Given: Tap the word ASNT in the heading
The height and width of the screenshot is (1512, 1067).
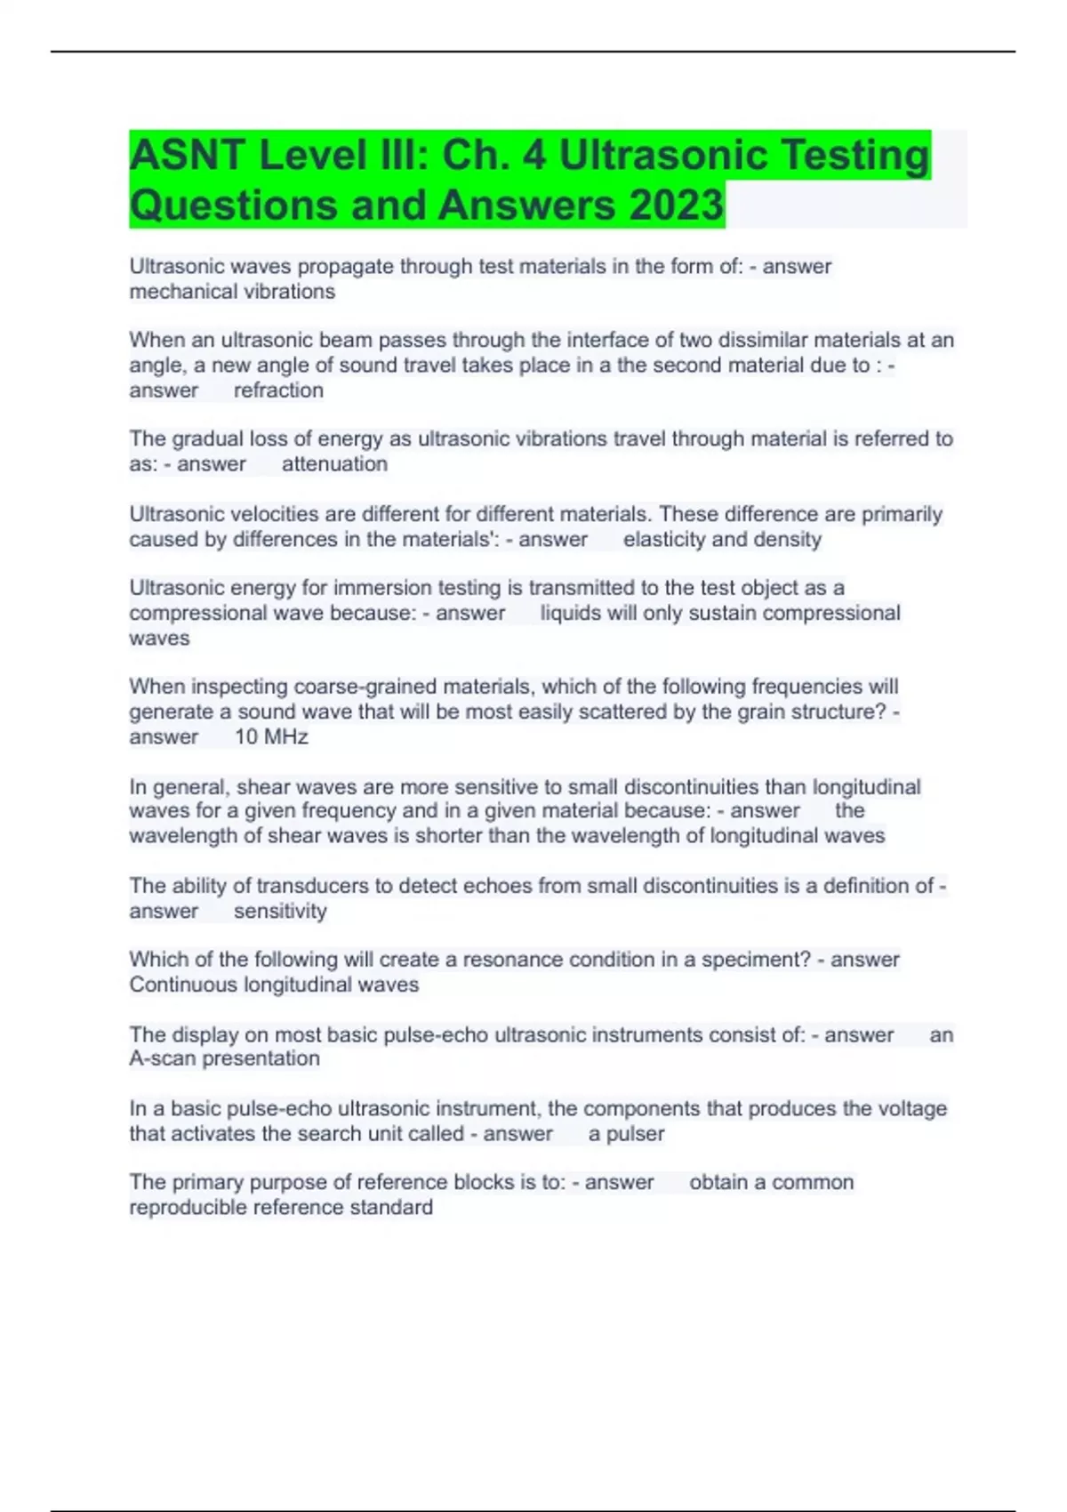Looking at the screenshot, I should (188, 156).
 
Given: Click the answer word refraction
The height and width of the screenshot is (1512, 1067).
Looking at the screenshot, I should (278, 390).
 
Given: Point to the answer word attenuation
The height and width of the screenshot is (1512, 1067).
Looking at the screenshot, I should (334, 464).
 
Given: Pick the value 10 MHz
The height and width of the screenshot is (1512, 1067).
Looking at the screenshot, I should (271, 737).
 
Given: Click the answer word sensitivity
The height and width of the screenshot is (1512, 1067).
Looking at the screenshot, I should (280, 912).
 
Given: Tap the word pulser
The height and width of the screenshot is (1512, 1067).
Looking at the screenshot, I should (635, 1134).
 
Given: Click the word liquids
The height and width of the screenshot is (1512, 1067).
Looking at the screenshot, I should (571, 614).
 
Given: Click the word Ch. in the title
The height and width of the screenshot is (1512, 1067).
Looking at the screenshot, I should (477, 156).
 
